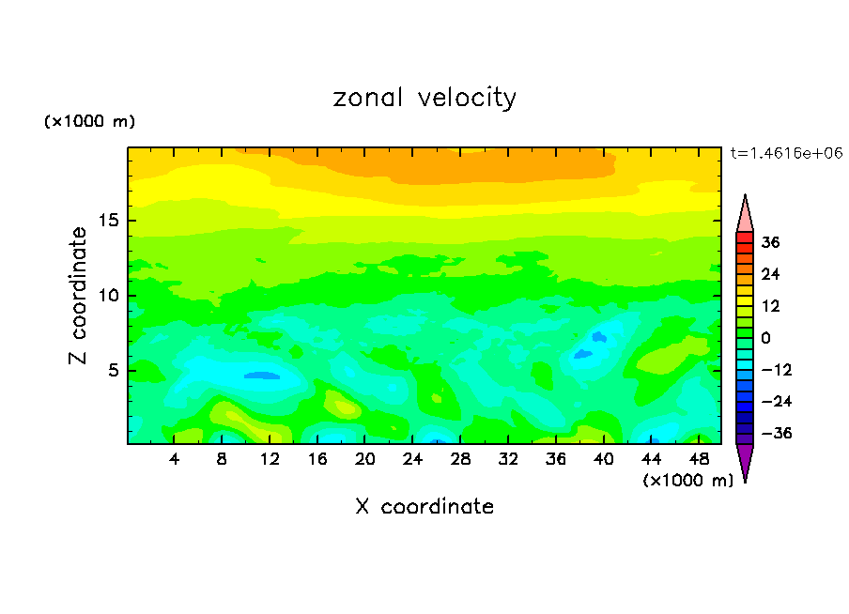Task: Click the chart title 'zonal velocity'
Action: pos(424,98)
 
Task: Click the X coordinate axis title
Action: pos(424,507)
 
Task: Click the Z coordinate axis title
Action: pos(79,296)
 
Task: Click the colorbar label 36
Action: pos(771,242)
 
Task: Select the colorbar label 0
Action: pos(766,338)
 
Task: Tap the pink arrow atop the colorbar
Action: pos(745,214)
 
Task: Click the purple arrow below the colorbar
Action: pos(745,460)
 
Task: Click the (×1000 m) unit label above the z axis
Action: pos(90,122)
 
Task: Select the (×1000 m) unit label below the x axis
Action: pos(688,481)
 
